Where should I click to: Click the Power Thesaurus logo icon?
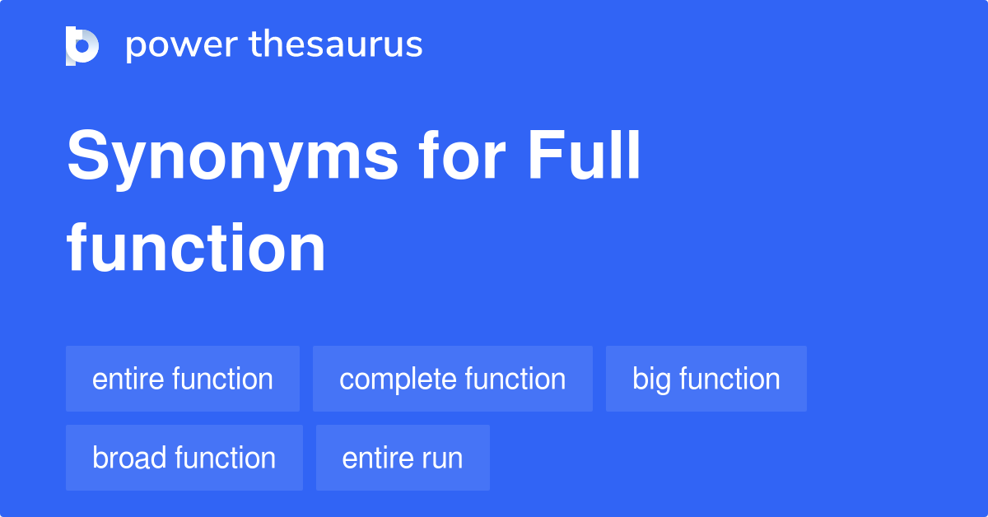[x=82, y=45]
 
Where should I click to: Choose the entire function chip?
[x=183, y=379]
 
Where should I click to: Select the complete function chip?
[x=453, y=379]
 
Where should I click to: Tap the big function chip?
[x=706, y=379]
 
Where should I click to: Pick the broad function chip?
[x=184, y=458]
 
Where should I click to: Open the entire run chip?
[x=403, y=458]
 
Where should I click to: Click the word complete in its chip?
[x=398, y=380]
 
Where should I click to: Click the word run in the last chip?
[x=445, y=459]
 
